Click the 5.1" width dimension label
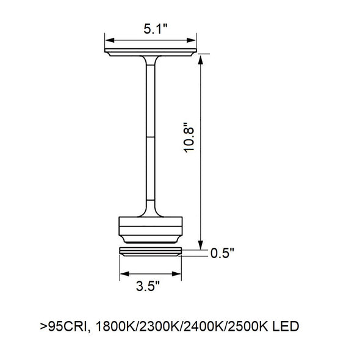click(x=156, y=29)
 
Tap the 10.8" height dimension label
click(x=189, y=137)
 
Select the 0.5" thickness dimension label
click(x=222, y=253)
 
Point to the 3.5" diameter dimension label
click(x=148, y=286)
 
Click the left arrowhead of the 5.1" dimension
click(x=110, y=40)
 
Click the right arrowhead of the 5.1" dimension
click(x=191, y=40)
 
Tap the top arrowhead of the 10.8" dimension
click(x=201, y=59)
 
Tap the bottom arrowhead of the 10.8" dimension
click(x=201, y=245)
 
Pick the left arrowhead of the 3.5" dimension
click(x=124, y=274)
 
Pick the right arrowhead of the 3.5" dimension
click(x=176, y=274)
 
